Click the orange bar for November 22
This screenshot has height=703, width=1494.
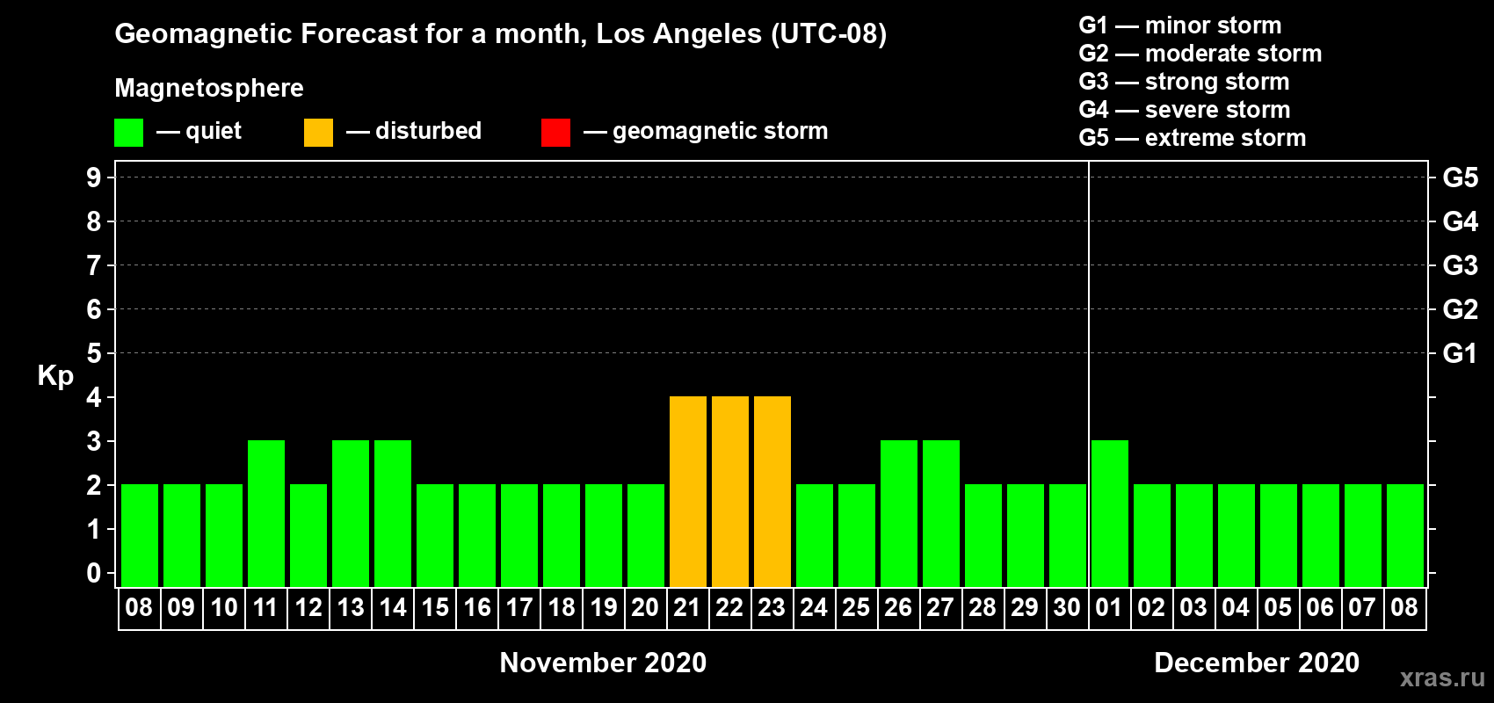coord(730,491)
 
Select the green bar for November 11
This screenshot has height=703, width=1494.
coord(266,513)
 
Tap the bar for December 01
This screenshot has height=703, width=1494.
coord(1110,513)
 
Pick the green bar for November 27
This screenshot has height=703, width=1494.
coord(941,513)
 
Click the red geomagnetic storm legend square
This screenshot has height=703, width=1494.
coord(555,132)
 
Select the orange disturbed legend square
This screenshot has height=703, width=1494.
coord(318,132)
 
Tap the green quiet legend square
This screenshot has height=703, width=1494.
coord(128,132)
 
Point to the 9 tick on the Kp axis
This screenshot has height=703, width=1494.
coord(93,178)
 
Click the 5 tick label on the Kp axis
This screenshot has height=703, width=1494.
coord(93,353)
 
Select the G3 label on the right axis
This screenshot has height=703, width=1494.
coord(1460,265)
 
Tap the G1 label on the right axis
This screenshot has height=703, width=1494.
coord(1460,353)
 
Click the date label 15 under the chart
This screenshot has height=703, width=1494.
coord(435,607)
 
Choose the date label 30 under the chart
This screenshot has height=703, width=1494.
coord(1067,607)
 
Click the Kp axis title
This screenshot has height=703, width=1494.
coord(55,376)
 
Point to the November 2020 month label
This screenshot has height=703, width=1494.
coord(603,663)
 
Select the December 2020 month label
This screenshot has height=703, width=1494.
coord(1257,663)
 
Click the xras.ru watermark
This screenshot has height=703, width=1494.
coord(1442,678)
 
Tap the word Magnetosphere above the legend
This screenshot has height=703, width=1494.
coord(209,88)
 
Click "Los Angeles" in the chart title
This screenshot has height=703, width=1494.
coord(679,34)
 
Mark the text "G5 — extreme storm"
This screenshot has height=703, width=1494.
coord(1192,138)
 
